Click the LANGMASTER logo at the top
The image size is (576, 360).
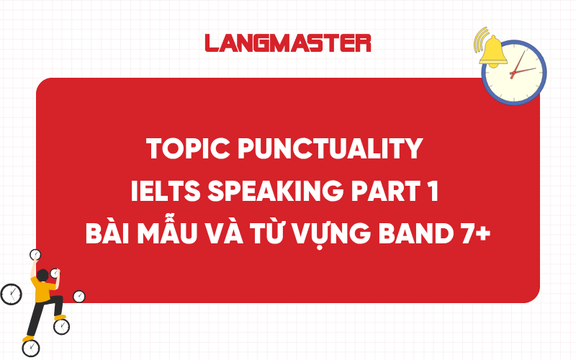tap(288, 42)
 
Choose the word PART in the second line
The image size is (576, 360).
tap(375, 192)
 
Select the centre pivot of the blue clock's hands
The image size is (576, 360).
tap(512, 73)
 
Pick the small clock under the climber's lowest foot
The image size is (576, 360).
tap(31, 348)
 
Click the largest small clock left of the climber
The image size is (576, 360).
tap(11, 294)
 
